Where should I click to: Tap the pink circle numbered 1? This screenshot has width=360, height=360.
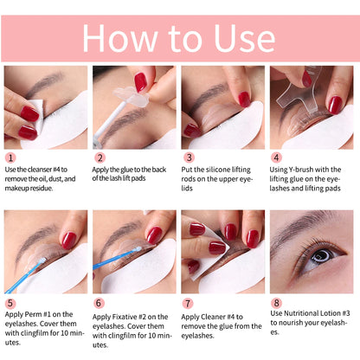click(x=10, y=157)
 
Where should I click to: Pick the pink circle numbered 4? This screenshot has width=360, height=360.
click(x=275, y=157)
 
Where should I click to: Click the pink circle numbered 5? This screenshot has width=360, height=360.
click(x=10, y=304)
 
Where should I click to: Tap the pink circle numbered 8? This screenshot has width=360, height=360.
click(x=275, y=304)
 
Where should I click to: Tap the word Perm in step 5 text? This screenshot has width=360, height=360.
click(x=48, y=304)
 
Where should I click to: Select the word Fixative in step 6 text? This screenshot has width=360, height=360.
click(x=140, y=304)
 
